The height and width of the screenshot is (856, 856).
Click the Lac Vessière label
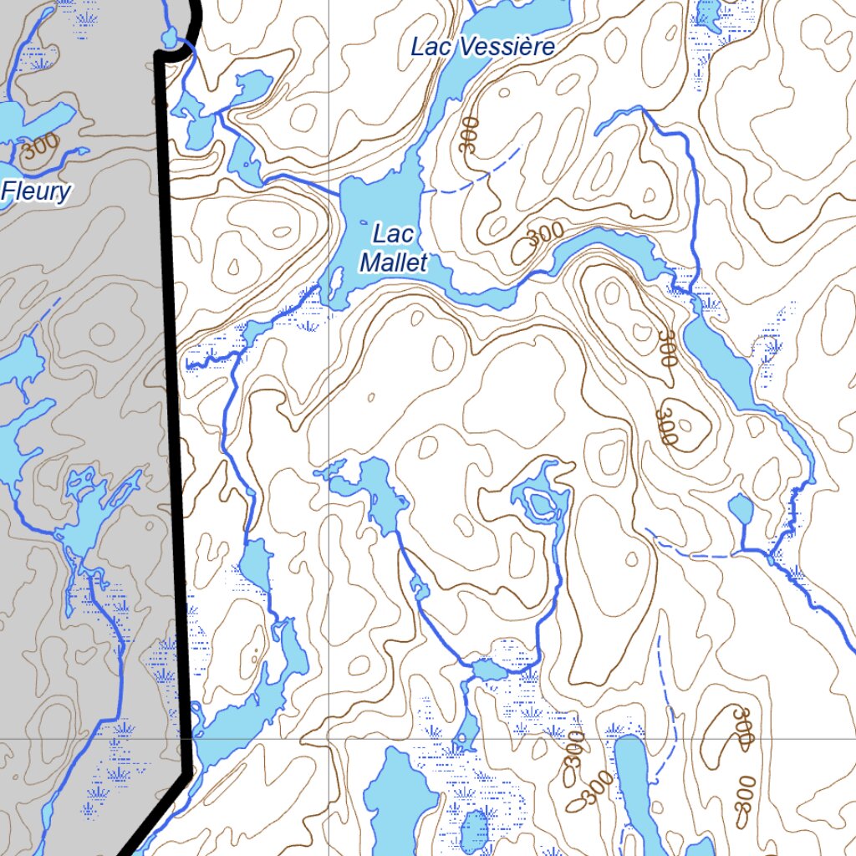pyautogui.click(x=482, y=48)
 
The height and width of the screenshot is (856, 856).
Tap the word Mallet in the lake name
pyautogui.click(x=394, y=262)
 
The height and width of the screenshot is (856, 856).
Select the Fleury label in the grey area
pyautogui.click(x=36, y=192)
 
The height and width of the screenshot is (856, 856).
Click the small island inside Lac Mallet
pyautogui.click(x=334, y=284)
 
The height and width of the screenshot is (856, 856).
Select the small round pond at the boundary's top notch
pyautogui.click(x=170, y=38)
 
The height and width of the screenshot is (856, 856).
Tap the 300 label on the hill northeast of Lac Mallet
pyautogui.click(x=545, y=233)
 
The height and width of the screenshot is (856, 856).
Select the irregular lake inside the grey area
pyautogui.click(x=92, y=510)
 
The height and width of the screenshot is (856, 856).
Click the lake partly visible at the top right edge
pyautogui.click(x=708, y=13)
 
